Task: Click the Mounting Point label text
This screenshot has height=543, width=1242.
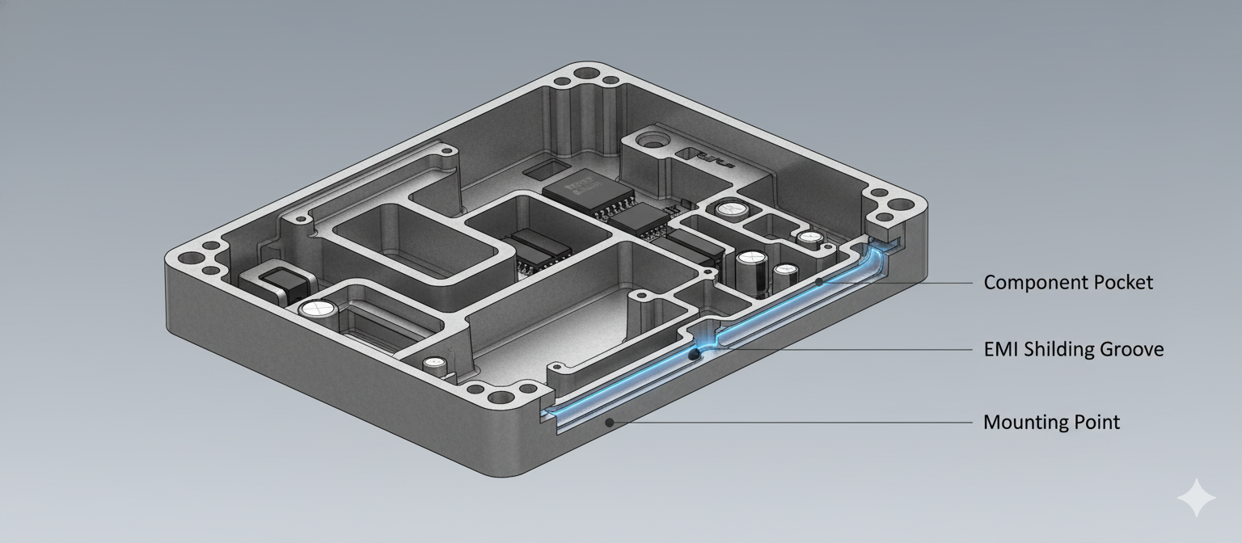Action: pos(1051,422)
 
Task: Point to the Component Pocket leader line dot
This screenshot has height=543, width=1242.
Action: pos(819,282)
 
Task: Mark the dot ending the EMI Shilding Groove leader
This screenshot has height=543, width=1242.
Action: pos(692,354)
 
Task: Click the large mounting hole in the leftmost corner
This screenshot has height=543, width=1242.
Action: pos(192,260)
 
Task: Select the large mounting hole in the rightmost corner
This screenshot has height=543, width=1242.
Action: pos(898,216)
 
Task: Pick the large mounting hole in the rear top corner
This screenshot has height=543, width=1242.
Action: pos(582,74)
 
